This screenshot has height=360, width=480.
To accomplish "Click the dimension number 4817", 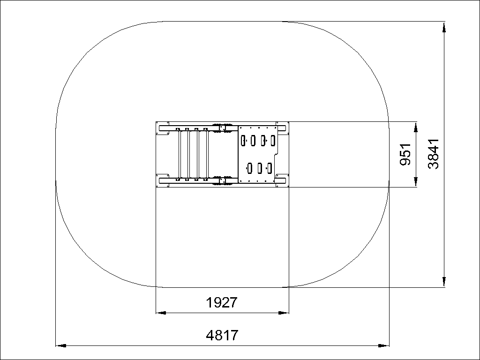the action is click(222, 336).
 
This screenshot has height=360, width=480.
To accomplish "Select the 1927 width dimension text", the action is click(222, 303).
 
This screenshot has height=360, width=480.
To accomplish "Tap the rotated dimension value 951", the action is click(405, 154).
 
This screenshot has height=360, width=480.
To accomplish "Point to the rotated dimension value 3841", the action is click(434, 154).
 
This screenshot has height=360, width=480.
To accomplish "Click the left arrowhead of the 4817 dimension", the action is click(60, 345).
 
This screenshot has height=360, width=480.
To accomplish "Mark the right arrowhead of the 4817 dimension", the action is click(384, 345).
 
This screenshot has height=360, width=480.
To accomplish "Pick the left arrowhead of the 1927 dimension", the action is click(161, 313).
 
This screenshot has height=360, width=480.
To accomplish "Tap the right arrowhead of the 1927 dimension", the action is click(284, 313).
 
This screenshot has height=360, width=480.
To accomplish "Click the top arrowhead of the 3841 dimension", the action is click(444, 27).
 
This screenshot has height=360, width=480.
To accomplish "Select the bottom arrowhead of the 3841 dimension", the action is click(444, 282).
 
